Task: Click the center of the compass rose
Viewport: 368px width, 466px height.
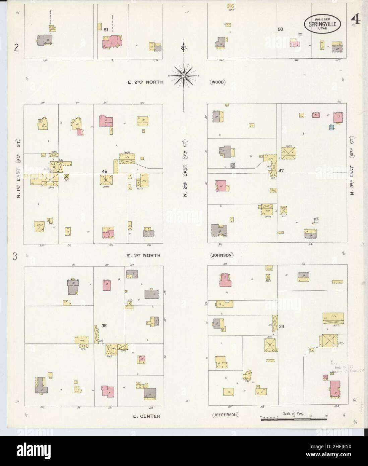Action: click(184, 76)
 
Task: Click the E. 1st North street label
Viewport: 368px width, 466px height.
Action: click(143, 255)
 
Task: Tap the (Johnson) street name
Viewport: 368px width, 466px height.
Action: click(222, 255)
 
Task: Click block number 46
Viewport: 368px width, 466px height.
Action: click(105, 171)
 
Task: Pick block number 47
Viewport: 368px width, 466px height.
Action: click(281, 170)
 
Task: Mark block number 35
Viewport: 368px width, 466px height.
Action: click(104, 325)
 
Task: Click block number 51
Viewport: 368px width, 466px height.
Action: click(106, 30)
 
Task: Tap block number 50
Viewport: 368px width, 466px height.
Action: click(281, 29)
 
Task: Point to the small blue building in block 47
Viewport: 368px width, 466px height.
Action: click(331, 127)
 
